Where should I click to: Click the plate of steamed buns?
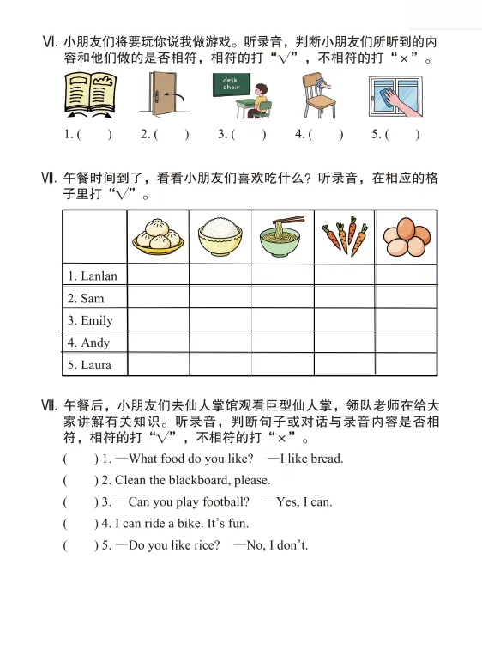(158, 235)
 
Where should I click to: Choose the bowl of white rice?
(219, 235)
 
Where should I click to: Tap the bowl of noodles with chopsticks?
(280, 235)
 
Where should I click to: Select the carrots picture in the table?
(343, 235)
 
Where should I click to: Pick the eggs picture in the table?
(405, 235)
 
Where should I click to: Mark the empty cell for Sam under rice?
(219, 298)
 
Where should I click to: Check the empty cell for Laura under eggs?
(405, 365)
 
